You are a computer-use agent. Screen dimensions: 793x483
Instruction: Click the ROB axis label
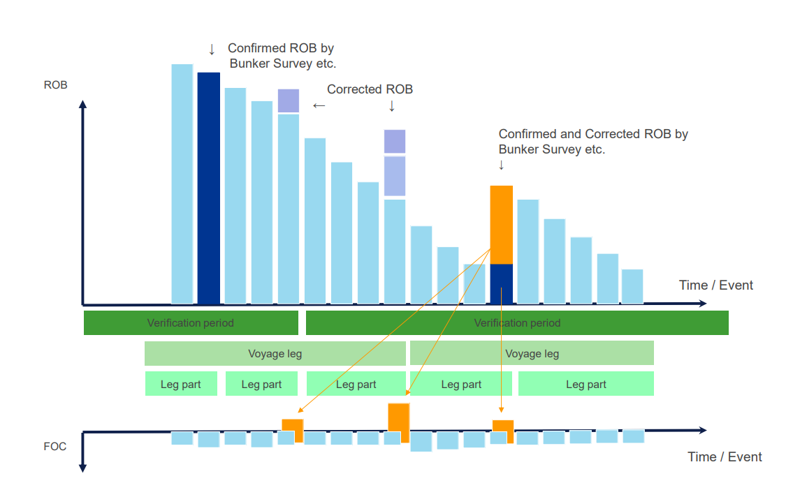(56, 85)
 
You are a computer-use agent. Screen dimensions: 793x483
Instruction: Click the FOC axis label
(55, 447)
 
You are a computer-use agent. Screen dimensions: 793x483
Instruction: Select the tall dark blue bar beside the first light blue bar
(209, 188)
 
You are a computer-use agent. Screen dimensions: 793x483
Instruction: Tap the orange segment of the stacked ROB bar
(501, 225)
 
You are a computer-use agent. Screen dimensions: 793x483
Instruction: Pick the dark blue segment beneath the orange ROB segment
(501, 284)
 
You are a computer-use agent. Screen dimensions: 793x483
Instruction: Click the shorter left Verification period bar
(191, 323)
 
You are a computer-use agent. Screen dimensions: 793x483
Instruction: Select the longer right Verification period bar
(517, 323)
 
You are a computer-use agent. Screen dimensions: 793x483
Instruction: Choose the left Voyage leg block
(275, 354)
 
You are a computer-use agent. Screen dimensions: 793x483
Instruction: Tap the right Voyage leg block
(532, 353)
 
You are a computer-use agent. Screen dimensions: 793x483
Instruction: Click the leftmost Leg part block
(181, 384)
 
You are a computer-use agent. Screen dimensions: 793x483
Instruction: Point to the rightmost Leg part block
(586, 384)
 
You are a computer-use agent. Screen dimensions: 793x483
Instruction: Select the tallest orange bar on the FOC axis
(399, 423)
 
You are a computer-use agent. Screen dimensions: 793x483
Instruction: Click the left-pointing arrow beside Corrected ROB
(319, 105)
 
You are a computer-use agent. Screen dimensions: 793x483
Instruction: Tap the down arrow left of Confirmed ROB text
(212, 50)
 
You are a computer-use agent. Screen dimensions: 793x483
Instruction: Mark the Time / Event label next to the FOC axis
(725, 456)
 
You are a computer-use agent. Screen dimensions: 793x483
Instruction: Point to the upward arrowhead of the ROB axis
(83, 104)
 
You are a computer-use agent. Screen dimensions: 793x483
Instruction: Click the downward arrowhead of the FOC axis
(83, 468)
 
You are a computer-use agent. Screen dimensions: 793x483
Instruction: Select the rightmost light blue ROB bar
(632, 286)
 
